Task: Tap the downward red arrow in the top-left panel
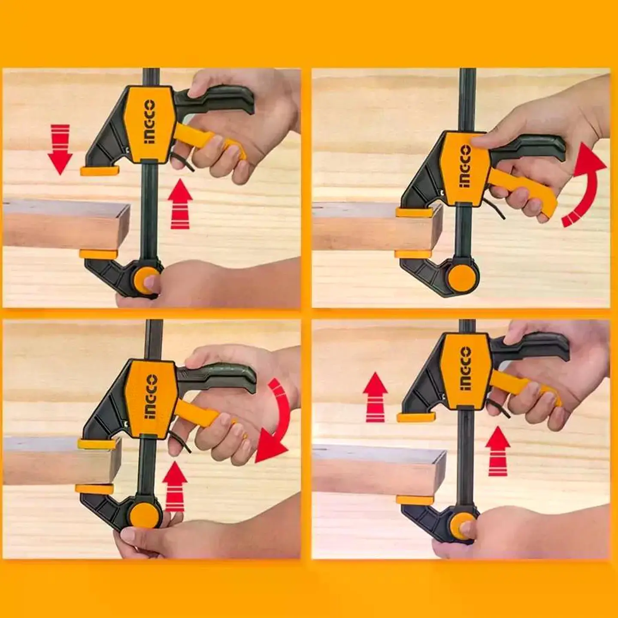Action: pos(60,149)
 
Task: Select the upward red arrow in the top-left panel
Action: pos(180,204)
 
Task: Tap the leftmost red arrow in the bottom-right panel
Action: pos(375,397)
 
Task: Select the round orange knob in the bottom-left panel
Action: pos(144,516)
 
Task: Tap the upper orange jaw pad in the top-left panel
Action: pos(100,171)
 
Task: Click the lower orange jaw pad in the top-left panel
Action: pos(98,254)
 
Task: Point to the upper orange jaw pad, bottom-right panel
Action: pos(416,417)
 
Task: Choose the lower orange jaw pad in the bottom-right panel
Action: pos(415,500)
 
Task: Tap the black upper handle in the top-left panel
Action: pos(218,100)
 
